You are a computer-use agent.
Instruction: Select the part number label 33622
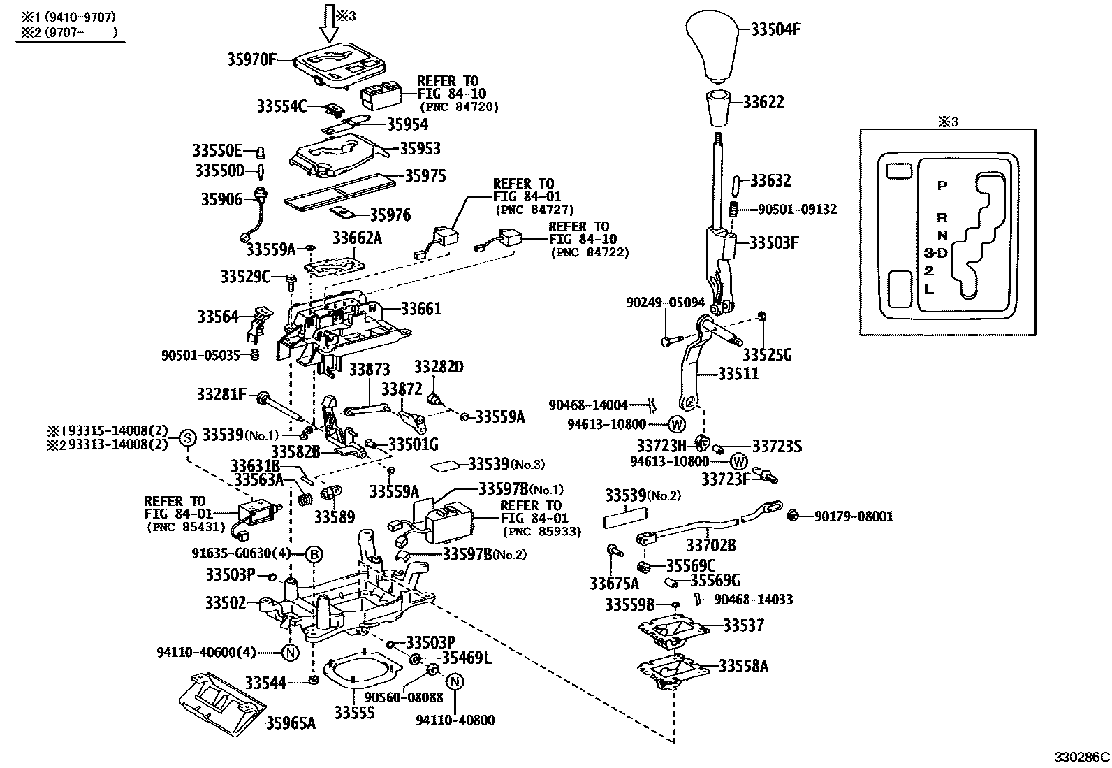point(763,103)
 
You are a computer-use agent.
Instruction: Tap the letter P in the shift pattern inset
point(942,186)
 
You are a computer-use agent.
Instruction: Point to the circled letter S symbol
point(187,438)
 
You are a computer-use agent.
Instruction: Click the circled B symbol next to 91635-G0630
point(314,554)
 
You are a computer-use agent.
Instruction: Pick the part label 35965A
point(291,723)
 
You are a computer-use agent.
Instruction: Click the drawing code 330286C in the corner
point(1081,758)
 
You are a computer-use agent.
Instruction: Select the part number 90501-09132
point(797,209)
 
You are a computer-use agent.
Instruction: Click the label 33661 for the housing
point(421,308)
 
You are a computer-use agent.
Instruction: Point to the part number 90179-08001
point(854,516)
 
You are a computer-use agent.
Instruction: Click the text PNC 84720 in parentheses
point(459,107)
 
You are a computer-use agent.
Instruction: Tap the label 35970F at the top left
point(251,60)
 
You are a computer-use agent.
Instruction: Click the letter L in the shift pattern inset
point(928,288)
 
